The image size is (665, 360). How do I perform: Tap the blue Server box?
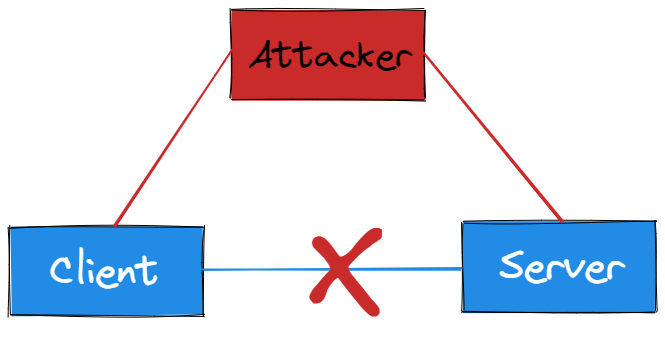(x=560, y=268)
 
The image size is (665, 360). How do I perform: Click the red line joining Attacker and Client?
(x=173, y=139)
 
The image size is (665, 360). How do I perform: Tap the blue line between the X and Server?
(x=420, y=268)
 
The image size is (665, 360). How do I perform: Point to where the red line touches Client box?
(x=115, y=226)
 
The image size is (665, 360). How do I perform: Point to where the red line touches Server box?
(x=563, y=222)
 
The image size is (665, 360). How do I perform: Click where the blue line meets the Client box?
(x=203, y=270)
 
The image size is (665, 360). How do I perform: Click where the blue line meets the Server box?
(x=463, y=267)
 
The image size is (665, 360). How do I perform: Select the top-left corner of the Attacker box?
(x=231, y=12)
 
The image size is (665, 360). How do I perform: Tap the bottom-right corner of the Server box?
(x=654, y=313)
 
